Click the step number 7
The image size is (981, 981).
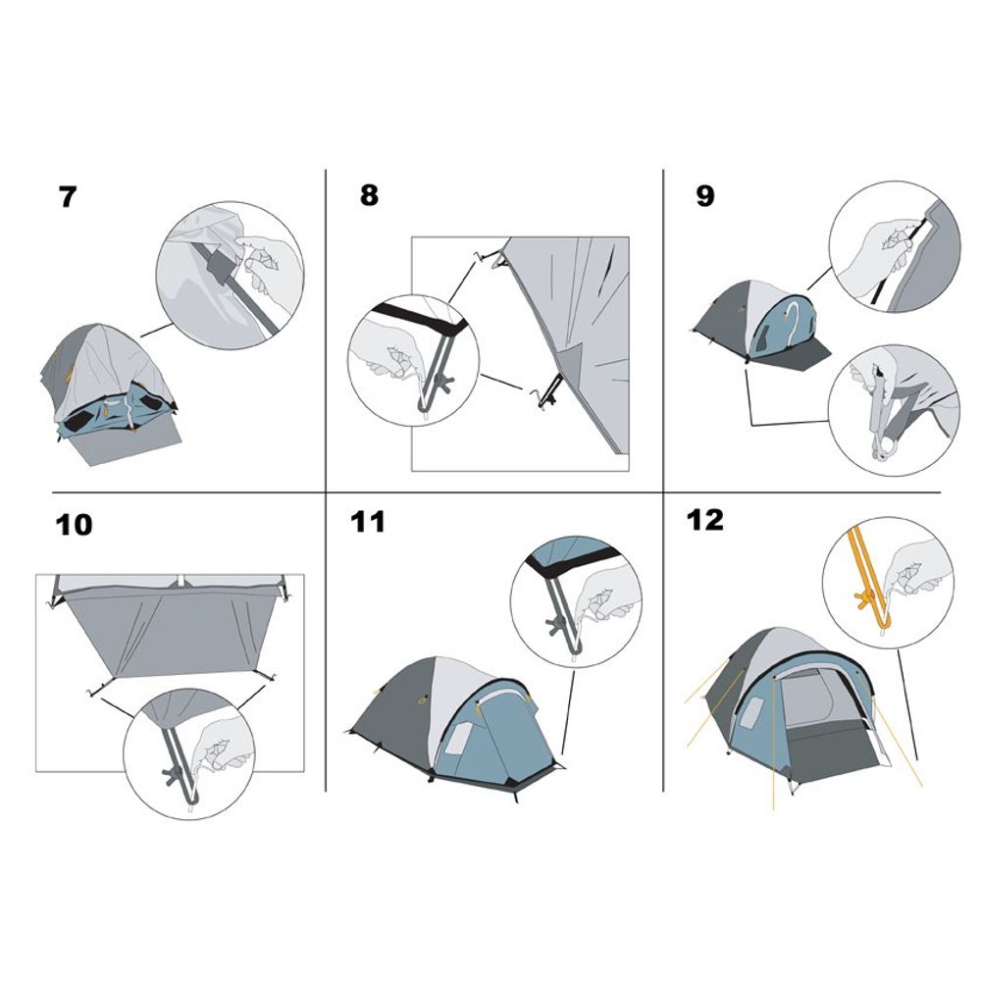(x=67, y=196)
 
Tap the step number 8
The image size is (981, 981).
(x=369, y=194)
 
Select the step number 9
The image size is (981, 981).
(x=704, y=196)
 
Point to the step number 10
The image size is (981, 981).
(x=74, y=525)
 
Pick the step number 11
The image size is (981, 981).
(x=367, y=522)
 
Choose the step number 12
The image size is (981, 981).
(x=705, y=520)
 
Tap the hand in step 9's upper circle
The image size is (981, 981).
(x=879, y=250)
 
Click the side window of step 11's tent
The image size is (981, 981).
(x=458, y=738)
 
